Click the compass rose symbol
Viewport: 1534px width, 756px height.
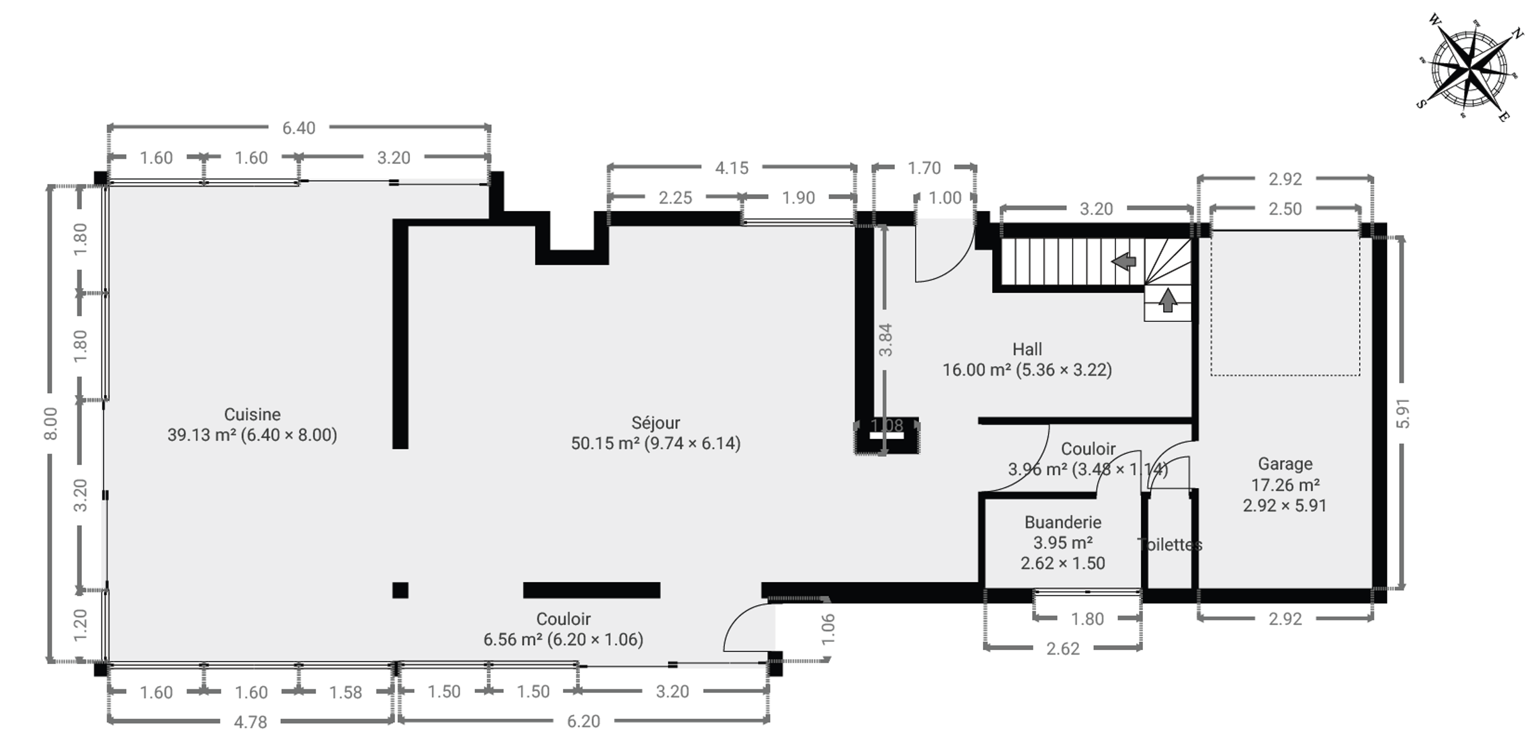(x=1470, y=67)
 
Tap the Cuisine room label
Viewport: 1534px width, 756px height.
(x=253, y=415)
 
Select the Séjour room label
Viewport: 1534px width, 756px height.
(x=656, y=423)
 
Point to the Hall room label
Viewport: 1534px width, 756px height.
(x=1027, y=349)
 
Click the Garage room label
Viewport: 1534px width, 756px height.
(x=1285, y=464)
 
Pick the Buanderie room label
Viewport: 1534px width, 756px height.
(x=1063, y=522)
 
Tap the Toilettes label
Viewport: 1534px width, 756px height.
(x=1170, y=544)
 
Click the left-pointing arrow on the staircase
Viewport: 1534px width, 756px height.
(x=1123, y=261)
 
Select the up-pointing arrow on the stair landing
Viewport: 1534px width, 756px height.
(x=1168, y=300)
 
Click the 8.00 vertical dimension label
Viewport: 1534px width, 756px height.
(x=51, y=424)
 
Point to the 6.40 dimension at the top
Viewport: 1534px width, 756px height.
(x=298, y=128)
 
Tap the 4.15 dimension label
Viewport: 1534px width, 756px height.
(x=732, y=168)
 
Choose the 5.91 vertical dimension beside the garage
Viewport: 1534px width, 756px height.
(x=1403, y=413)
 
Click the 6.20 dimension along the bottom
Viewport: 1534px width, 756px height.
(x=583, y=721)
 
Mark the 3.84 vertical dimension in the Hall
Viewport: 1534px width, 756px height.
(x=885, y=340)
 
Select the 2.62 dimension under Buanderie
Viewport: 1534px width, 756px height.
(x=1063, y=648)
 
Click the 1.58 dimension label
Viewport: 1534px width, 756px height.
(x=346, y=692)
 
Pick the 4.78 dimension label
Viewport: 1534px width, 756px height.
(x=251, y=722)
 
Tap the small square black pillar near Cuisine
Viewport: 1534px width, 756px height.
(x=401, y=590)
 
